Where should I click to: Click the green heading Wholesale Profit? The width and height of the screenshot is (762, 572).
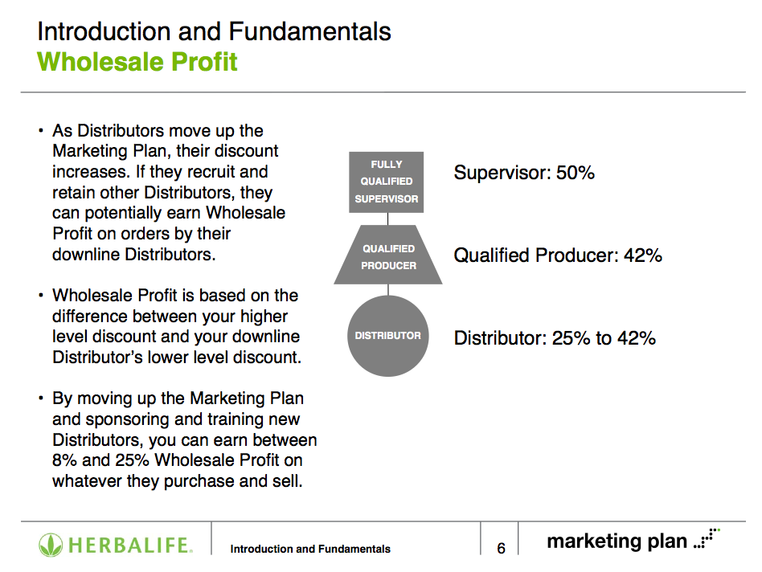(137, 62)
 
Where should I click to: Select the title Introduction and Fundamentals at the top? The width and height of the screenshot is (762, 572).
(215, 31)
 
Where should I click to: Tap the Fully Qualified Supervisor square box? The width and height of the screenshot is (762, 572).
(387, 182)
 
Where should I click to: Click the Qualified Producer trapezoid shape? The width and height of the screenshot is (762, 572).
(388, 255)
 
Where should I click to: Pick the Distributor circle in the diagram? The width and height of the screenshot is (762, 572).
(387, 336)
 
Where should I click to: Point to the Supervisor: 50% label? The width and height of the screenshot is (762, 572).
(524, 173)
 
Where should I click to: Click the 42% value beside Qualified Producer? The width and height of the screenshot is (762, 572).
(643, 255)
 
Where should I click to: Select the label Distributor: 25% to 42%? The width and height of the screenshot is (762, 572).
(555, 338)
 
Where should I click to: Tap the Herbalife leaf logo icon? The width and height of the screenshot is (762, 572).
(51, 545)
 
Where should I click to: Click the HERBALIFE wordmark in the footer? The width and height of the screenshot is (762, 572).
(129, 545)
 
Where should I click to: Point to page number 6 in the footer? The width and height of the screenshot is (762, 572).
(501, 548)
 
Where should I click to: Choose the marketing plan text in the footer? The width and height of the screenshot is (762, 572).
(617, 541)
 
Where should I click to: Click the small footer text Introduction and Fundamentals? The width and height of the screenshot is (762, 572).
(310, 549)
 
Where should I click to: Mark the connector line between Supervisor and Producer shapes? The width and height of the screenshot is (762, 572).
(387, 219)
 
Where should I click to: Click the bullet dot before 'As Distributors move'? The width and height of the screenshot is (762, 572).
(41, 131)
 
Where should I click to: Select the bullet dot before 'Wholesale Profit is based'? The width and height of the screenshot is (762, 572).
(41, 295)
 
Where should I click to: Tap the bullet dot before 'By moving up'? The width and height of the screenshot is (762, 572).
(41, 398)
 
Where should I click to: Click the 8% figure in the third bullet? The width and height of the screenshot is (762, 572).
(64, 460)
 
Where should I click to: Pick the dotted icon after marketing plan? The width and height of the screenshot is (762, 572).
(707, 538)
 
